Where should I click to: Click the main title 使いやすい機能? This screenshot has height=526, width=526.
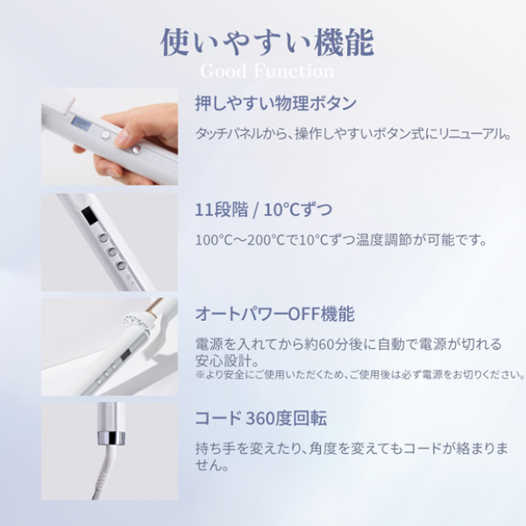click(x=267, y=43)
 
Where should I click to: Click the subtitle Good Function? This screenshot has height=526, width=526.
click(x=267, y=71)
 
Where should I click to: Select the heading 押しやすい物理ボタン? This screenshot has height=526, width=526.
click(x=275, y=103)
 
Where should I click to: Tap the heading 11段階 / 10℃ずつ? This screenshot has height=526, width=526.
click(x=263, y=210)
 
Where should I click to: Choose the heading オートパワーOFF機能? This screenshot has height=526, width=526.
click(x=274, y=314)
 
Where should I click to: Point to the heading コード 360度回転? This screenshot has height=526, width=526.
click(x=260, y=418)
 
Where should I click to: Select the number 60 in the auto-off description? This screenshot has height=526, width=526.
click(x=325, y=345)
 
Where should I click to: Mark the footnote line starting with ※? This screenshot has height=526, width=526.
click(x=360, y=374)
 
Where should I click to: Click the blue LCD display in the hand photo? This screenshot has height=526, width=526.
click(x=82, y=124)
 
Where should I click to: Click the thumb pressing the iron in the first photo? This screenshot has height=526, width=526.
click(x=125, y=139)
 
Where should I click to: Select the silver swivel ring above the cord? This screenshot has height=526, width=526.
click(x=111, y=438)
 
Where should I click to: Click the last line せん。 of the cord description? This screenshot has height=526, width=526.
click(x=212, y=466)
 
